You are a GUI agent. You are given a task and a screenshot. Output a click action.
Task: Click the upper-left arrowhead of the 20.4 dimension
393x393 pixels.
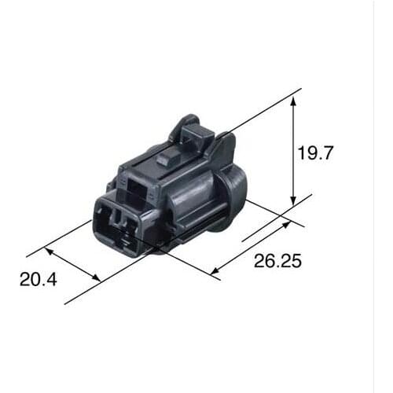tap(50, 252)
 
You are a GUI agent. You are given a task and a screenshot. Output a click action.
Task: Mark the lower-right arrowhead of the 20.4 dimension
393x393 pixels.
tap(97, 277)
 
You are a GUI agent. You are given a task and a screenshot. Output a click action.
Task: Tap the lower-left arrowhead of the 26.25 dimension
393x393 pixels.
tap(215, 271)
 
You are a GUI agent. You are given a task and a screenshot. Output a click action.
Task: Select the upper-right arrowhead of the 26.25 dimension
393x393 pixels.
tap(285, 223)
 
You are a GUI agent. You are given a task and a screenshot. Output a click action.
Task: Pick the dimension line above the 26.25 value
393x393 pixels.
tap(250, 248)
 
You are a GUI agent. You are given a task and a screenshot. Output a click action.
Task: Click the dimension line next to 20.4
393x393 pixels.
tap(73, 264)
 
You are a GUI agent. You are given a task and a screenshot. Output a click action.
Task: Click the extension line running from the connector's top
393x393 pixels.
tap(259, 110)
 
